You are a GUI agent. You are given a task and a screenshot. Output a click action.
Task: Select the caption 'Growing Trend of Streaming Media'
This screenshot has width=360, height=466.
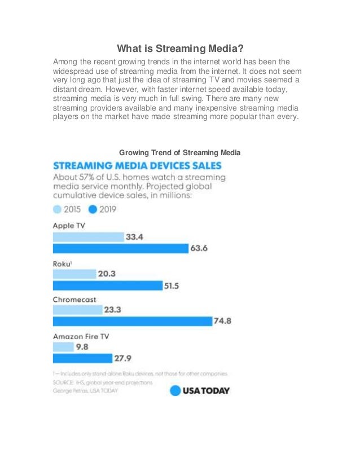(180, 152)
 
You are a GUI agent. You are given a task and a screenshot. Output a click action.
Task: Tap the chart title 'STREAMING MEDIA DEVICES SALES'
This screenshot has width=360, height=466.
(137, 166)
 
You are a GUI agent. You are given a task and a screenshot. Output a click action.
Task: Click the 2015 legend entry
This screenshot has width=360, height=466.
(67, 209)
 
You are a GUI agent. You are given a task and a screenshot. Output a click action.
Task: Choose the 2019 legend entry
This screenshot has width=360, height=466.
(100, 209)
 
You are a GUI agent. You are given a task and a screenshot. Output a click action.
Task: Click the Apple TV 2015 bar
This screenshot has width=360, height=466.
(88, 237)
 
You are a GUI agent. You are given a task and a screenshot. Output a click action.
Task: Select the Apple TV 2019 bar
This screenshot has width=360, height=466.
(120, 249)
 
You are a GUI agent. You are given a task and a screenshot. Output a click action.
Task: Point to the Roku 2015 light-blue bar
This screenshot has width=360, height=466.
(74, 274)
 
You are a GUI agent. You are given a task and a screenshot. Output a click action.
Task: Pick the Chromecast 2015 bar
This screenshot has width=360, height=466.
(77, 310)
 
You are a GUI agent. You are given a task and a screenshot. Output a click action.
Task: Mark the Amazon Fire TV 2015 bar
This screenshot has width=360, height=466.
(63, 346)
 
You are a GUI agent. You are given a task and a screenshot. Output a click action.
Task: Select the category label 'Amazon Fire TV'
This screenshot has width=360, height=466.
(81, 336)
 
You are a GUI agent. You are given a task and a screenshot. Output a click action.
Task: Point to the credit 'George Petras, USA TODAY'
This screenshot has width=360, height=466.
(85, 390)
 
